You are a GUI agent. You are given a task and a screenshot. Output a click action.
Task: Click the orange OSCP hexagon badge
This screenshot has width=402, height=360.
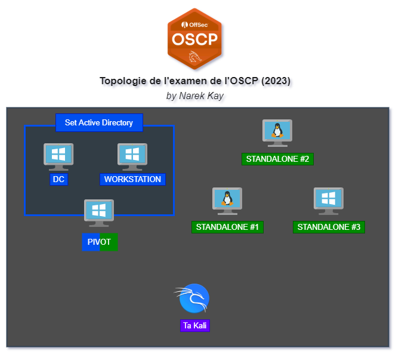tap(194, 39)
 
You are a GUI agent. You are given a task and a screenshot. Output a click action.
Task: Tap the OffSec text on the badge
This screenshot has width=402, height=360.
tap(194, 25)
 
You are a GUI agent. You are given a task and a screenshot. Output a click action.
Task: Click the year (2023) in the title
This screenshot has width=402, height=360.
tap(276, 81)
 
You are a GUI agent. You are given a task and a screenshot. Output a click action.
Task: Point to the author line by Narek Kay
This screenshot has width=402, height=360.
tap(195, 96)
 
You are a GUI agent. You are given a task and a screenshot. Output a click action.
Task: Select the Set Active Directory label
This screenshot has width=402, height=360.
tap(99, 122)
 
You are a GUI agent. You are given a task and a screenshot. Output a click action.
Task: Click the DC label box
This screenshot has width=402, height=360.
tap(58, 179)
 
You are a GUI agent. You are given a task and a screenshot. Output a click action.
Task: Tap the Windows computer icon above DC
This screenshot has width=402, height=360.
tap(58, 157)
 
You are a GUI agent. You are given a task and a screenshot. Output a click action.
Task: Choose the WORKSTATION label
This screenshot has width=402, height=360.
tap(132, 179)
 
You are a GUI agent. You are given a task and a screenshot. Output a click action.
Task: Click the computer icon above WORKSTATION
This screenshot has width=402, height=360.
tap(132, 157)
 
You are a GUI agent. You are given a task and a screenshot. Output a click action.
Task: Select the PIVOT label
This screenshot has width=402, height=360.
tap(100, 242)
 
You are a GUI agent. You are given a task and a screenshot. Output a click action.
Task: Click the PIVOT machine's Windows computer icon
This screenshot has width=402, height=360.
tap(99, 213)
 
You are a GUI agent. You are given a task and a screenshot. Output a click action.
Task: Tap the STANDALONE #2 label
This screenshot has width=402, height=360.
tap(277, 159)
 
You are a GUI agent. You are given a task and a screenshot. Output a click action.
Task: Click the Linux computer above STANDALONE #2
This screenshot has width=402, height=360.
tap(277, 133)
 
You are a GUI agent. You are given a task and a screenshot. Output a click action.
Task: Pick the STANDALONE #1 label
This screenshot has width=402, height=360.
tap(227, 227)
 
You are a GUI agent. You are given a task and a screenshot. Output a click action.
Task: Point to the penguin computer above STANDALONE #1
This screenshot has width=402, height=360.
tap(227, 201)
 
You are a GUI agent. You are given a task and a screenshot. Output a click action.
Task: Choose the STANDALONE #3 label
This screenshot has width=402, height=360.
tap(329, 227)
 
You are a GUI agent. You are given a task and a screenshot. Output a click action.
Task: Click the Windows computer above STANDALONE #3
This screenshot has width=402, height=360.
tap(329, 201)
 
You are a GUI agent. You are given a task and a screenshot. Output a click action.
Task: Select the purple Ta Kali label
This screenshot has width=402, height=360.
tap(195, 325)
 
